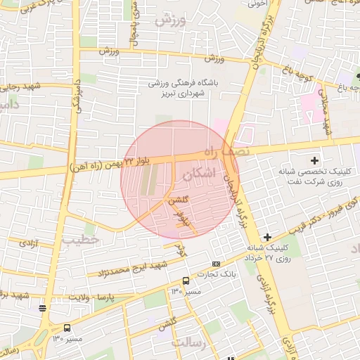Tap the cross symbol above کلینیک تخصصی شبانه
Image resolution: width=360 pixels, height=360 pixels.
pyautogui.click(x=314, y=161)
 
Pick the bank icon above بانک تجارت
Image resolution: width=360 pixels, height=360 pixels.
pyautogui.click(x=215, y=264)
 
